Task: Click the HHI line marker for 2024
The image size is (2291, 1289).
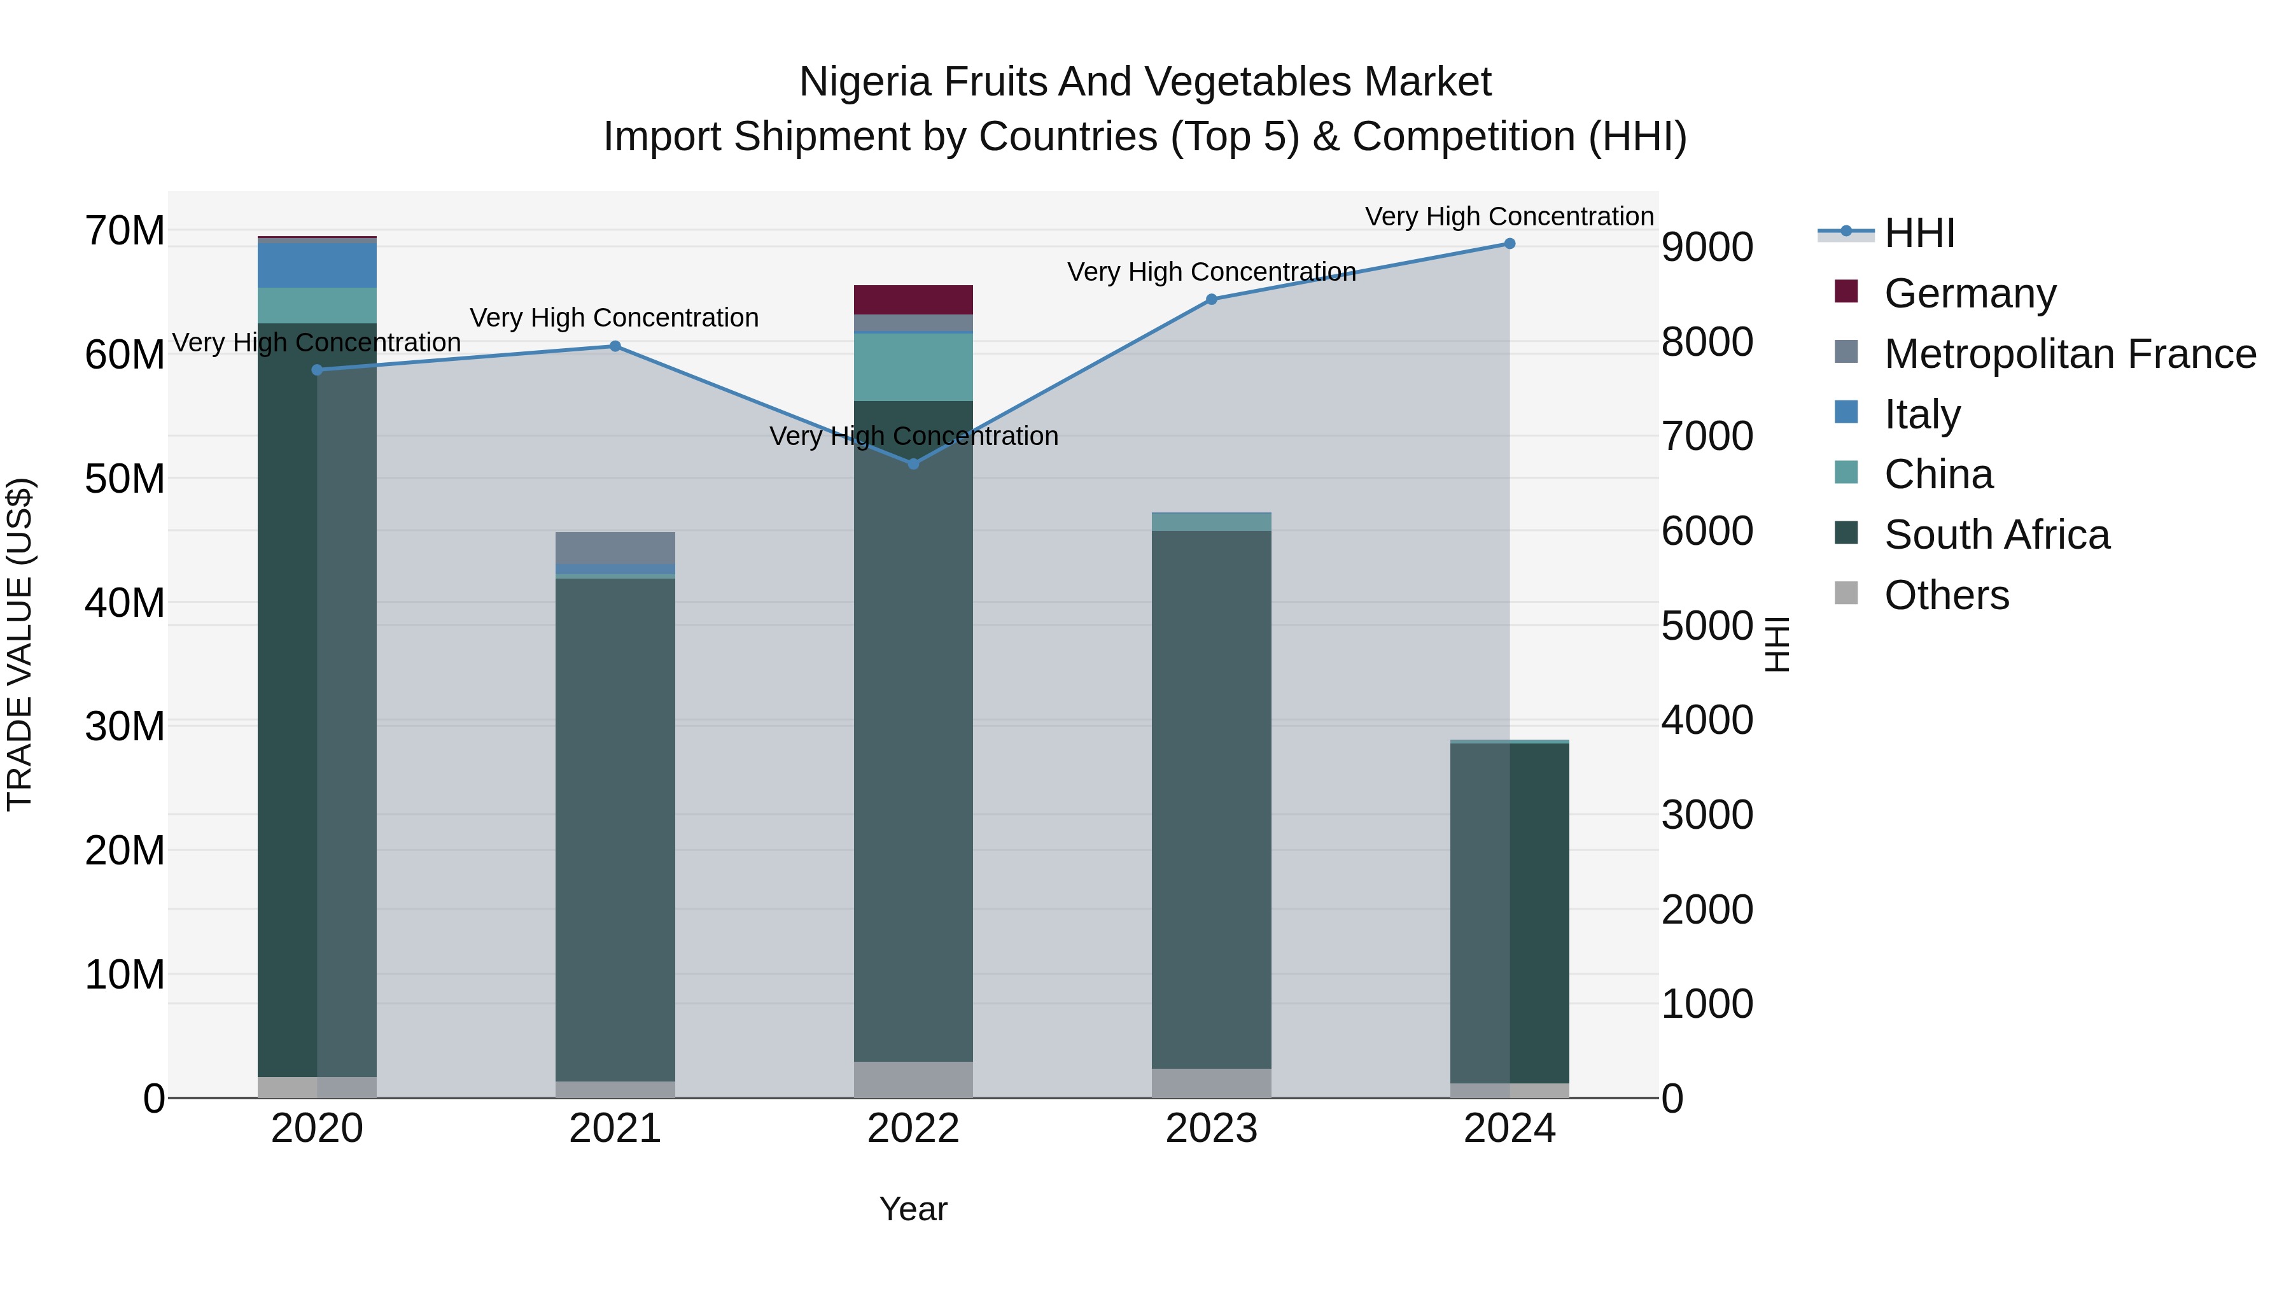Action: [1510, 244]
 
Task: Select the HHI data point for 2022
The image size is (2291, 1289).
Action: [913, 463]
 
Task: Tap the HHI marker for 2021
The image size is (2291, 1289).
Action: [615, 346]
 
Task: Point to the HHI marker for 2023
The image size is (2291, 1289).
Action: [1211, 300]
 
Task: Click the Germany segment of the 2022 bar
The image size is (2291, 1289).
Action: [913, 300]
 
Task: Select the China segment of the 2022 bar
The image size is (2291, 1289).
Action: [913, 367]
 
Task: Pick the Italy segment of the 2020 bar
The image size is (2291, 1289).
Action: [318, 265]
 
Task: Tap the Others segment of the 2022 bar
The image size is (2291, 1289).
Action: [913, 1079]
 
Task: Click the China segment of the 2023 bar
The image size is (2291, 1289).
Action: [1211, 521]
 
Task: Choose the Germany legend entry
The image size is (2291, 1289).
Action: [1969, 293]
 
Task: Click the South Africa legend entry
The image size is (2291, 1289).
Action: [1996, 535]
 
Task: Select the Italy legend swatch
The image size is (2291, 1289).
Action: [1846, 412]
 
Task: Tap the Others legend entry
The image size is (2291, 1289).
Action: [1946, 595]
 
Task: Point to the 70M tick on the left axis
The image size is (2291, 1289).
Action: [125, 231]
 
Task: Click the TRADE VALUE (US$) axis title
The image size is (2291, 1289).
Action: [20, 644]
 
